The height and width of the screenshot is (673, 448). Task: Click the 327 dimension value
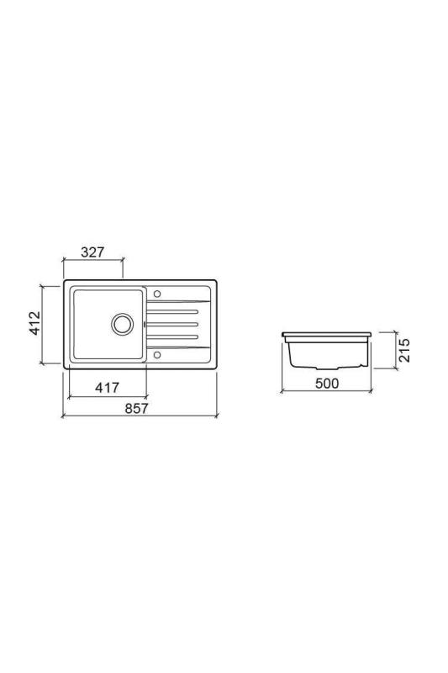[93, 252]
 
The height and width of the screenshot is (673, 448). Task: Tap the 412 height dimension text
[35, 323]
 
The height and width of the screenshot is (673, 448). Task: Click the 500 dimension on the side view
[326, 384]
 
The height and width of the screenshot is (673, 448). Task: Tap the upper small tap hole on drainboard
[156, 294]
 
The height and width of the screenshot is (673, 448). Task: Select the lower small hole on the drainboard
[156, 354]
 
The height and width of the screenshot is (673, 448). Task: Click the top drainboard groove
[173, 310]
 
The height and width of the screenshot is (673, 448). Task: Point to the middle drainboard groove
[173, 324]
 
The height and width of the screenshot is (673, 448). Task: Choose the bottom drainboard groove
[173, 337]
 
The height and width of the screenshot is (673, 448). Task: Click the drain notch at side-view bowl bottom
[327, 368]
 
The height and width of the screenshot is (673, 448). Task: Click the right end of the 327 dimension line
[123, 260]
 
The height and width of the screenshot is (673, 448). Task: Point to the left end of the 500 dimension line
[282, 391]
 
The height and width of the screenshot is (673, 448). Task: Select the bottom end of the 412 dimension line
[43, 364]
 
